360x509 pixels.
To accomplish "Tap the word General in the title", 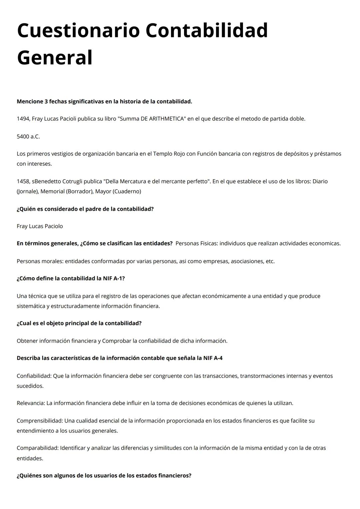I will (x=55, y=58).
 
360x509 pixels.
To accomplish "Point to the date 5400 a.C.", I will (x=28, y=136).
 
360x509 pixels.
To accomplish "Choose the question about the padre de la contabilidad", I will (x=85, y=209).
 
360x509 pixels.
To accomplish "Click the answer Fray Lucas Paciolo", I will (x=40, y=226).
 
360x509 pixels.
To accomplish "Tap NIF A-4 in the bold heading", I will (x=213, y=358).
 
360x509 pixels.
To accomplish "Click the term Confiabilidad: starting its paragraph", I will (x=34, y=376).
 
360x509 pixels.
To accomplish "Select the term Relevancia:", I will (x=31, y=403).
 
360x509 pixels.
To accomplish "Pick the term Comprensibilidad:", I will (x=40, y=421).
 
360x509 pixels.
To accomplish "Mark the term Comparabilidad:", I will (x=38, y=448).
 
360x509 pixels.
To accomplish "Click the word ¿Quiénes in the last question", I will (x=29, y=476).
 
